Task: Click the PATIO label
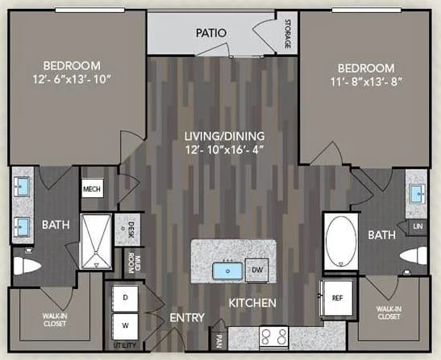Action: click(210, 33)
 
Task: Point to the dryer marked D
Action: click(125, 298)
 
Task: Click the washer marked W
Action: click(125, 326)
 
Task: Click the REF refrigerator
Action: click(337, 297)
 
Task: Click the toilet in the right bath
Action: click(413, 256)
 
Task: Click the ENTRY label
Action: click(187, 318)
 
